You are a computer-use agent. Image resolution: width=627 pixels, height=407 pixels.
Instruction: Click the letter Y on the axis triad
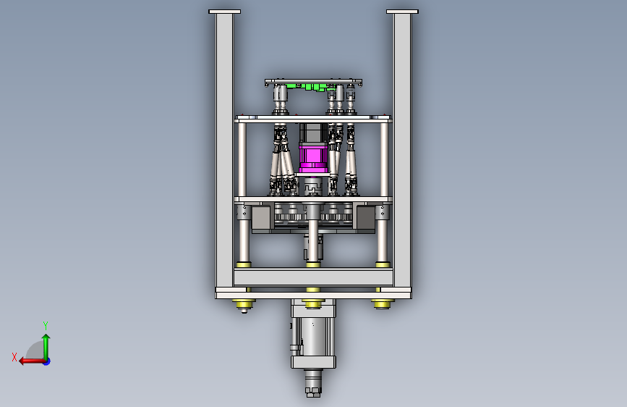click(x=46, y=325)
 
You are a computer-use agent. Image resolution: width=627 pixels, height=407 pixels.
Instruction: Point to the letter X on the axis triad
click(x=14, y=357)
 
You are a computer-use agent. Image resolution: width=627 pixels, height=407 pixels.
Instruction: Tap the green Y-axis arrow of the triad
click(x=46, y=347)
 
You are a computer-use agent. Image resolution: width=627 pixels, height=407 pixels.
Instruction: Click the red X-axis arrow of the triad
click(x=32, y=361)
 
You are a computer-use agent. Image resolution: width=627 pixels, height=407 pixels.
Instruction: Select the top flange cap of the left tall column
click(x=224, y=12)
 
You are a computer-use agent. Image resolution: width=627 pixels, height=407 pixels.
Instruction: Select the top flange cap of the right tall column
click(x=402, y=12)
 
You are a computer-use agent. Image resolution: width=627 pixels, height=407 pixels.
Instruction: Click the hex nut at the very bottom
click(x=313, y=392)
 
